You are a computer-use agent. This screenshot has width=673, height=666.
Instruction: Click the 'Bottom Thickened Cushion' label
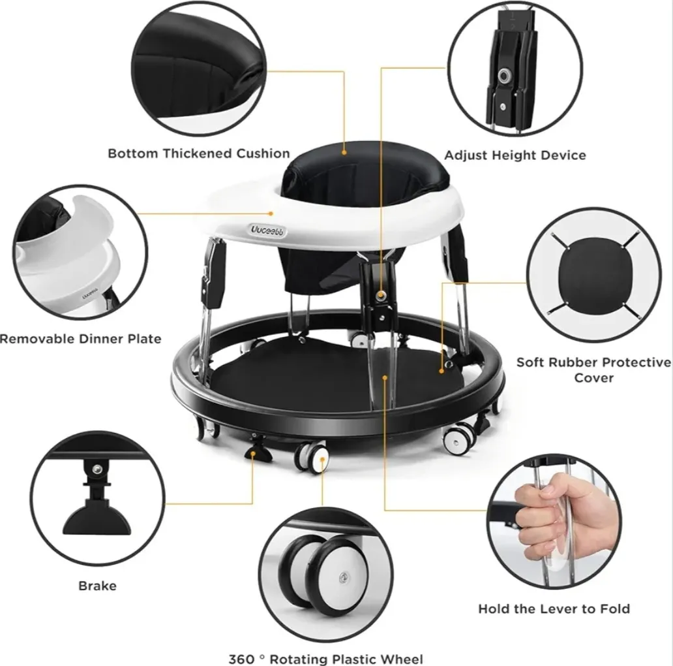coord(199,153)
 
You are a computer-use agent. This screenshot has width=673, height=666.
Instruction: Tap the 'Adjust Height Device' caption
coord(515,155)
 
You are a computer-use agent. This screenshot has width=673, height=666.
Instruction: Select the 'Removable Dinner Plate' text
coord(81,339)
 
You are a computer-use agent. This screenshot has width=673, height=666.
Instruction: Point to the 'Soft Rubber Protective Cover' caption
coord(593,370)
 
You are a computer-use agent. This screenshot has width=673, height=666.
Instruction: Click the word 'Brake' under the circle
coord(97,586)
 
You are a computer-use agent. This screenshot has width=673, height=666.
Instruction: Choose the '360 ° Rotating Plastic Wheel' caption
coord(326,659)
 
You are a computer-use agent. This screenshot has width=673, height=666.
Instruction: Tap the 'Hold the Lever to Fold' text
coord(554,609)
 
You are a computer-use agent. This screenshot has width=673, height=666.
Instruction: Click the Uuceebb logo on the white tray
coord(268,230)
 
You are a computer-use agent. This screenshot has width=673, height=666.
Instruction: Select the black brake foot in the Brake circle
coord(97,519)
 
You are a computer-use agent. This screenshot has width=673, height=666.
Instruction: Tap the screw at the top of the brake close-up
coord(97,469)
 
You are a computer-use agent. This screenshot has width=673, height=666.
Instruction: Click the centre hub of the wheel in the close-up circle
coord(343,577)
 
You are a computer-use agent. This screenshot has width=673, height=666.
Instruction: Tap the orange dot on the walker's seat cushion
coord(344,152)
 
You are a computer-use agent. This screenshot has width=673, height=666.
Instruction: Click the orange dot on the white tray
coord(271,213)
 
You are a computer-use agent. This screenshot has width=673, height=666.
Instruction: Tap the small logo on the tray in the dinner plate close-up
coord(90,296)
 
